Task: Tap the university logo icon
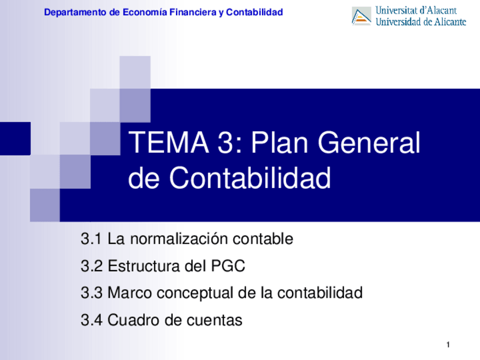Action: (361, 16)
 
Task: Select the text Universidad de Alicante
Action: (421, 22)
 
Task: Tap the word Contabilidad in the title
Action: (250, 178)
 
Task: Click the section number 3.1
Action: (91, 239)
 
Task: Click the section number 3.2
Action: (91, 266)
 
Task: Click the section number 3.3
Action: (91, 293)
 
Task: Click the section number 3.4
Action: (91, 320)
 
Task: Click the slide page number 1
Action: (448, 345)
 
